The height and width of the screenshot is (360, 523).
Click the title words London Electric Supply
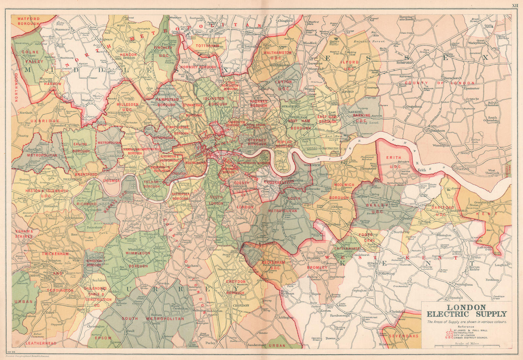[x=466, y=311]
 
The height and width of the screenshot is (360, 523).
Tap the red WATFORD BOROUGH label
[x=28, y=21]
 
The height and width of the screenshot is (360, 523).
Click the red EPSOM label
[x=103, y=338]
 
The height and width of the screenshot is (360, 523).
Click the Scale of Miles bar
[x=466, y=346]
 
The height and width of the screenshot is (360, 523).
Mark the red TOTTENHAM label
[x=207, y=46]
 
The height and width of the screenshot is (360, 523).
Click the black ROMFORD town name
[x=405, y=62]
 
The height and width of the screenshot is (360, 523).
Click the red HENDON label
[x=128, y=55]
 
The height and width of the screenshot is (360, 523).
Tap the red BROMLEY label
[x=317, y=267]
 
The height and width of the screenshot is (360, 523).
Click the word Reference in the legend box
[x=465, y=326]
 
